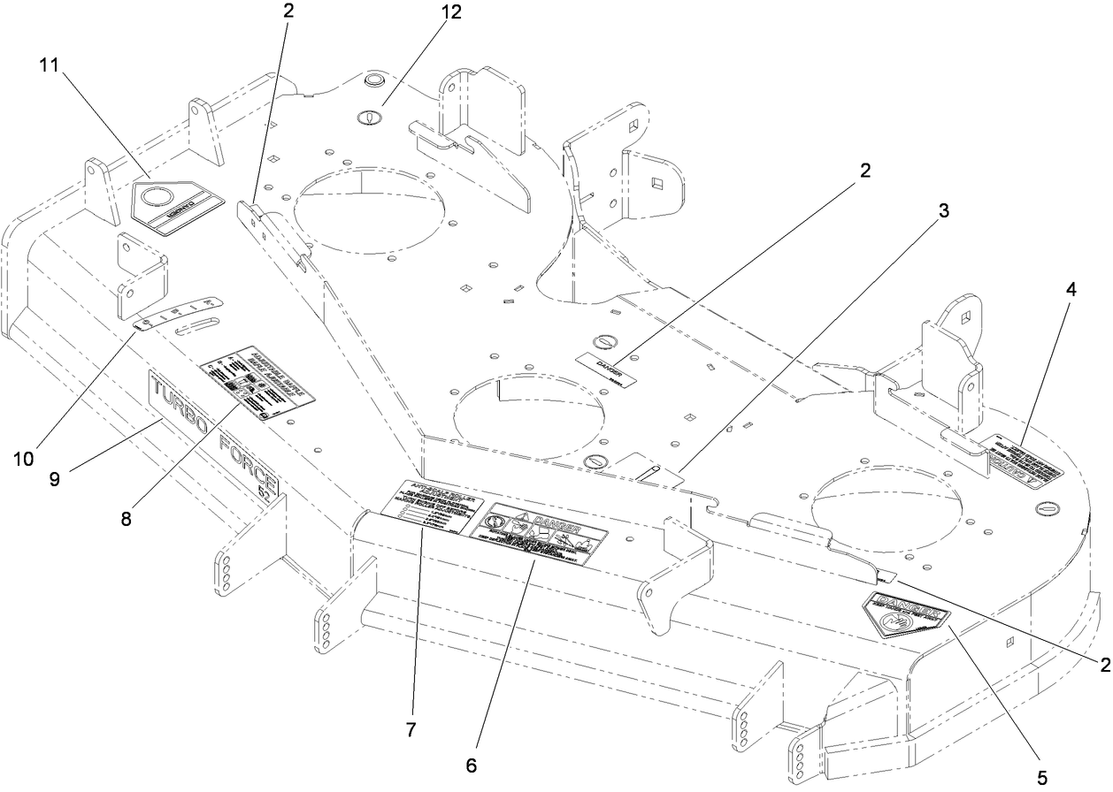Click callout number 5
pos(1042,779)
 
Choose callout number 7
pos(411,730)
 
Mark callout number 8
pos(127,519)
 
